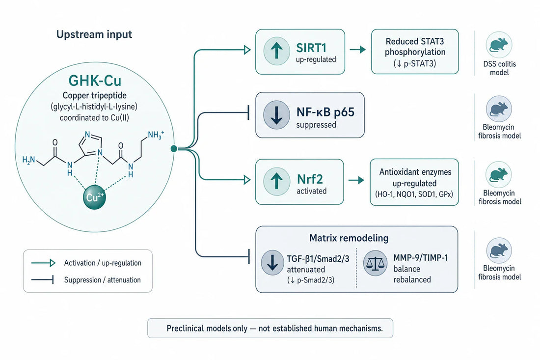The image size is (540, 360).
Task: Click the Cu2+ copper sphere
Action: tap(94, 197)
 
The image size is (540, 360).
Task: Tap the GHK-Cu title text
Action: tap(95, 81)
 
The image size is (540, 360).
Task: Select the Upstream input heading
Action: tap(94, 34)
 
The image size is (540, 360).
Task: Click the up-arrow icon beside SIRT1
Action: tap(276, 52)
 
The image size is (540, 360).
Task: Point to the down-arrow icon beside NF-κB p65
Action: tap(276, 115)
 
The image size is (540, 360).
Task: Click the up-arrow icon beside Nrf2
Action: tap(276, 182)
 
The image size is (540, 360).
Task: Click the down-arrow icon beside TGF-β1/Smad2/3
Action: tap(272, 262)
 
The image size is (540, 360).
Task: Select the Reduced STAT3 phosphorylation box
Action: tap(415, 52)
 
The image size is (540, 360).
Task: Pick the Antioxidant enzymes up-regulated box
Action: tap(414, 182)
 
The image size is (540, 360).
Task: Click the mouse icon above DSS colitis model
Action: tap(499, 45)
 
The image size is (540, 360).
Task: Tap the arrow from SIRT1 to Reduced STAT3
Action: tap(358, 50)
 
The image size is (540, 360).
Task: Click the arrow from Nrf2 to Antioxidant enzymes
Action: tap(356, 180)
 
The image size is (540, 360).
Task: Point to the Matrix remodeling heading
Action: tap(349, 238)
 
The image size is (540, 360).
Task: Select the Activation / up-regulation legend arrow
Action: tap(43, 263)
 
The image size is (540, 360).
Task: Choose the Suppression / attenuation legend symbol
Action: tap(42, 280)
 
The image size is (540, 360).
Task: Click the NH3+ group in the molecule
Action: tap(156, 135)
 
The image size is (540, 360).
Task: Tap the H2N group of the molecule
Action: tap(28, 160)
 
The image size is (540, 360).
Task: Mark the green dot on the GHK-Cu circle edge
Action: tap(174, 148)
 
